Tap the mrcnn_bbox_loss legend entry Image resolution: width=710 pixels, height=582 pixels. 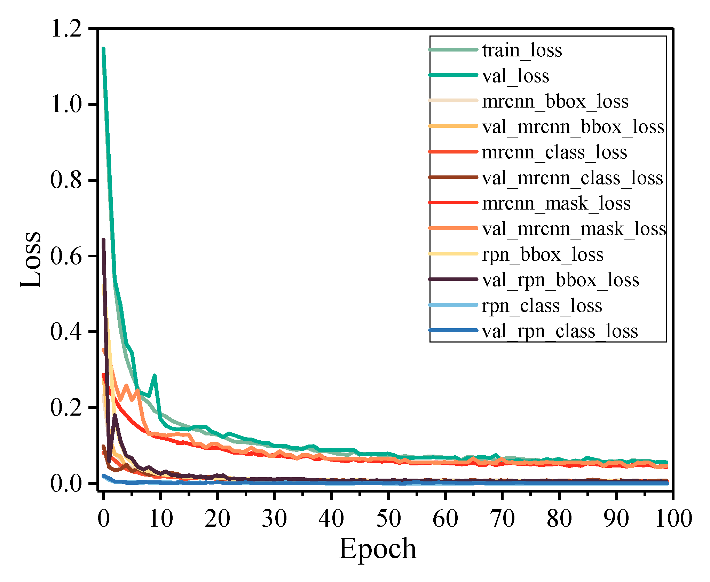[x=555, y=101]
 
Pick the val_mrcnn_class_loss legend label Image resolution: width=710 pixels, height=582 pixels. [x=573, y=178]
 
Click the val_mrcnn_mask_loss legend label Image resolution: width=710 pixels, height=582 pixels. [x=574, y=229]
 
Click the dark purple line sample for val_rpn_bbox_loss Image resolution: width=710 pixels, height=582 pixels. [x=453, y=279]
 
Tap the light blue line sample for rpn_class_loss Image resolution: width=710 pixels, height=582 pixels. [x=453, y=305]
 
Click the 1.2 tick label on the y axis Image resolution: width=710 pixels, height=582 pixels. [x=66, y=28]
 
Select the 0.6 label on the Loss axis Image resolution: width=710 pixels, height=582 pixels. [x=66, y=256]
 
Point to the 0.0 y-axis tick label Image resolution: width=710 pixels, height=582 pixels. [x=66, y=483]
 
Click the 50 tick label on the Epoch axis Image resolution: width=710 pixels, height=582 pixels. [x=388, y=519]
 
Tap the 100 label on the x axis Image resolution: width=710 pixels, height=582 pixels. [x=673, y=519]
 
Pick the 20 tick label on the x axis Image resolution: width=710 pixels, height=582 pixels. [x=217, y=519]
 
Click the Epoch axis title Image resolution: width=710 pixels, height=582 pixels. [x=378, y=549]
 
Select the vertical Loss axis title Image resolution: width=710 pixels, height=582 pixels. [x=31, y=259]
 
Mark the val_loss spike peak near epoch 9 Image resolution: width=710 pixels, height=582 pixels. [x=155, y=376]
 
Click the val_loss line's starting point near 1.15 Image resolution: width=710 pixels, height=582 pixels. [x=103, y=49]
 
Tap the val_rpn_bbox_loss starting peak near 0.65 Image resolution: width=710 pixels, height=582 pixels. [x=103, y=239]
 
